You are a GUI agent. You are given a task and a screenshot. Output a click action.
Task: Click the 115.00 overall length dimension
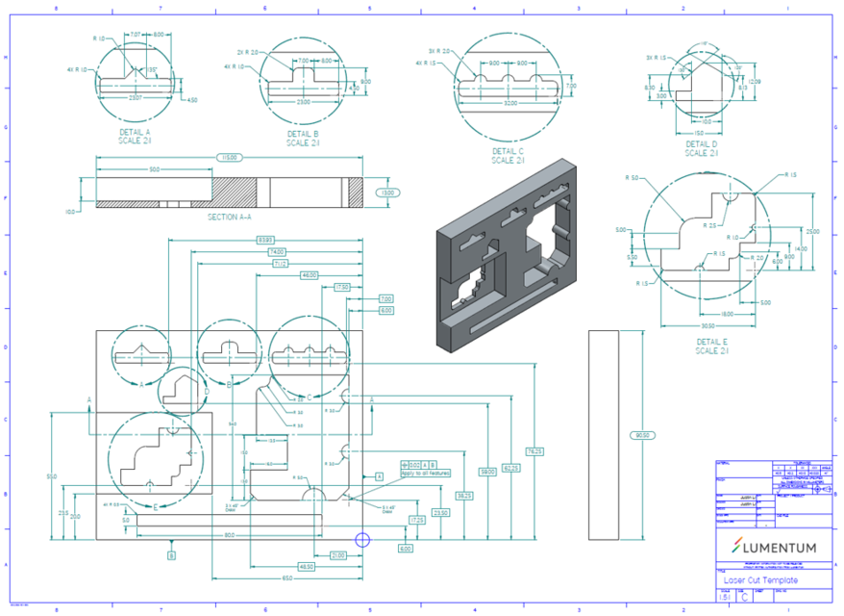(x=229, y=156)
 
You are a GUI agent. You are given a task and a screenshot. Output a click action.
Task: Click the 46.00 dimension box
(x=309, y=275)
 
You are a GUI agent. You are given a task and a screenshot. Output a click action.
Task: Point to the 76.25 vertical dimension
(x=535, y=450)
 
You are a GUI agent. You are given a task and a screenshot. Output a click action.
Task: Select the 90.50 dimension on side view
(x=640, y=435)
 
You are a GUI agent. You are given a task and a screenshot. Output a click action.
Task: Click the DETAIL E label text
(x=713, y=342)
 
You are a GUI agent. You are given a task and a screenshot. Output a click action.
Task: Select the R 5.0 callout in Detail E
(x=633, y=178)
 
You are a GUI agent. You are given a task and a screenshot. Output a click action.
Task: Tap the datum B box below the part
(x=171, y=555)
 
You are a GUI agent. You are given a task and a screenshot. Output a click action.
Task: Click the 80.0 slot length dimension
(x=229, y=535)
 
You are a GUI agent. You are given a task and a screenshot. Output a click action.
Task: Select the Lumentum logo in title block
(x=773, y=547)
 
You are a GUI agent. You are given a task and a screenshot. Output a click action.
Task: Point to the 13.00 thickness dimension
(x=387, y=192)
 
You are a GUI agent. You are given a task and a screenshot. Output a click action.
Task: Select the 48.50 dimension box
(x=306, y=567)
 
